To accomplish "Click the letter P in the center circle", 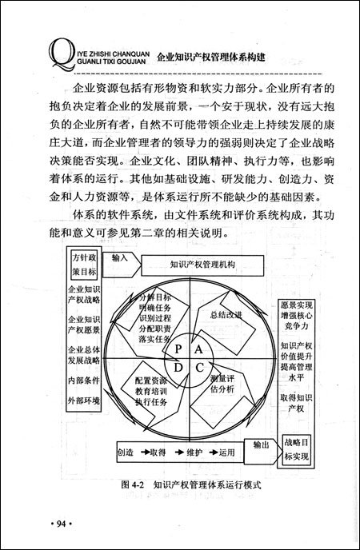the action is tap(178, 351).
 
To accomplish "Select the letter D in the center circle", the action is tap(178, 368).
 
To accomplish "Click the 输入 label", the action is tap(120, 259).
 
